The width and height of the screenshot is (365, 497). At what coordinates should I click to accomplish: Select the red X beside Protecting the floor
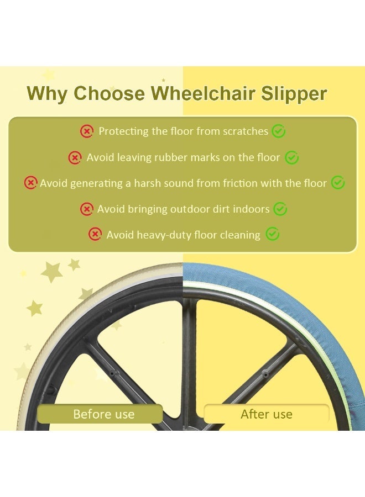coord(87,131)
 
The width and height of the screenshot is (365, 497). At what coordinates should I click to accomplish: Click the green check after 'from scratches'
coord(279,131)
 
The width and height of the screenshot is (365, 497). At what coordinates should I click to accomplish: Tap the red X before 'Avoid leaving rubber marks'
coord(75,158)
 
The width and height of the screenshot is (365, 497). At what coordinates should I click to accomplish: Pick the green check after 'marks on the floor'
coord(291,158)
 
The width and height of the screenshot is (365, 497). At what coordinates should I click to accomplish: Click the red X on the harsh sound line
coord(31,183)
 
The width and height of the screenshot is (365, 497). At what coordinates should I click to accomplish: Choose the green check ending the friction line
coord(338,183)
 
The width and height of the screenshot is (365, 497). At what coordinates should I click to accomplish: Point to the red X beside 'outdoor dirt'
coord(87,209)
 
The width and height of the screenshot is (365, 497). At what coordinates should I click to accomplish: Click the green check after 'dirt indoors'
coord(280,209)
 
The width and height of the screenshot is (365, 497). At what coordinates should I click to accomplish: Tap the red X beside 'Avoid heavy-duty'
coord(95,235)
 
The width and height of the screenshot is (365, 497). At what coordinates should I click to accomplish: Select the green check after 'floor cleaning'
coord(272,235)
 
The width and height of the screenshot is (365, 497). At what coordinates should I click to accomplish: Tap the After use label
coord(267,414)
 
